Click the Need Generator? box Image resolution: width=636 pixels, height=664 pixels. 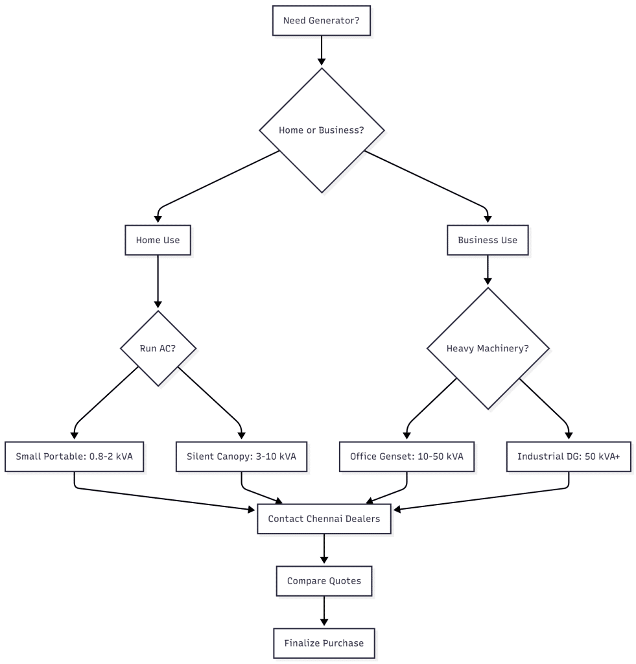pyautogui.click(x=322, y=21)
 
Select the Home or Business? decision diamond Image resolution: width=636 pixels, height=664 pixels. pyautogui.click(x=322, y=130)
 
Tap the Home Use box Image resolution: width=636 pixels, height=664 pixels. pyautogui.click(x=158, y=240)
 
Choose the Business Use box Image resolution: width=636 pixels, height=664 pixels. pyautogui.click(x=488, y=240)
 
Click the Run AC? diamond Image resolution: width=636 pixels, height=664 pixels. pyautogui.click(x=158, y=348)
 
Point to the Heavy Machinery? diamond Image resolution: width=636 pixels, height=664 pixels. pyautogui.click(x=488, y=348)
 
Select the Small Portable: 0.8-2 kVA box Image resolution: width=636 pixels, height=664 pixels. pyautogui.click(x=74, y=456)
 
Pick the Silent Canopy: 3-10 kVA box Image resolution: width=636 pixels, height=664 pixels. pyautogui.click(x=241, y=456)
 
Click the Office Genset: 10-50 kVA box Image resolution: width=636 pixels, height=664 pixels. pyautogui.click(x=406, y=456)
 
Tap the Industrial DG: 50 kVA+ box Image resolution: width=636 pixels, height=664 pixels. pyautogui.click(x=569, y=456)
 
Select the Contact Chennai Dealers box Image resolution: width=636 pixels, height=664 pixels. pyautogui.click(x=324, y=519)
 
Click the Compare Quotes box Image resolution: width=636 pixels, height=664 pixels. pyautogui.click(x=324, y=581)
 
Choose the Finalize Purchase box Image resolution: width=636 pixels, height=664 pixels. pyautogui.click(x=324, y=643)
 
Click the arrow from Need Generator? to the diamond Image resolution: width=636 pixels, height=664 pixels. pyautogui.click(x=322, y=51)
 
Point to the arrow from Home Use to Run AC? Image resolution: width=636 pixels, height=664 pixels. pyautogui.click(x=158, y=280)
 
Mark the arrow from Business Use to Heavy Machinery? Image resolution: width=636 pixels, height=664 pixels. pyautogui.click(x=488, y=269)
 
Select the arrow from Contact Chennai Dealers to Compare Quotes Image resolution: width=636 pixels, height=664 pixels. pyautogui.click(x=324, y=549)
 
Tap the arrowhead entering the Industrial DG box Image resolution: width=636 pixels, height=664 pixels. pyautogui.click(x=569, y=435)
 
